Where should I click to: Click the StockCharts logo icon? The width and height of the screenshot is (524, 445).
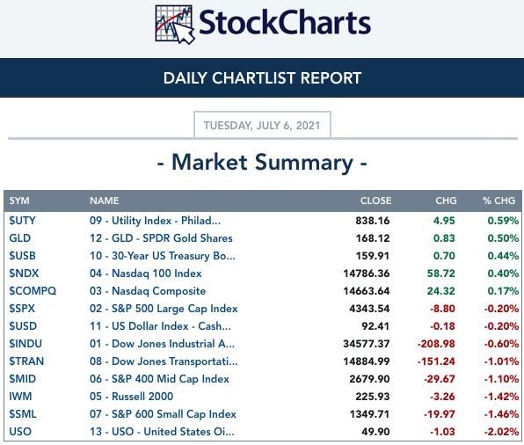[x=175, y=25]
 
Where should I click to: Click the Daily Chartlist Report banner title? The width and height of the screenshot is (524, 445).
[x=262, y=78]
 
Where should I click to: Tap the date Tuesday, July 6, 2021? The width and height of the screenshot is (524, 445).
[x=262, y=126]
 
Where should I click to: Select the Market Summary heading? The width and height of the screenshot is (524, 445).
[x=262, y=163]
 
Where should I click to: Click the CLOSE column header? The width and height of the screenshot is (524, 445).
[x=375, y=201]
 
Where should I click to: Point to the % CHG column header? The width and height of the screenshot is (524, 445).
[x=499, y=201]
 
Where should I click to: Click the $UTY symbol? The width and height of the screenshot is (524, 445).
[x=22, y=221]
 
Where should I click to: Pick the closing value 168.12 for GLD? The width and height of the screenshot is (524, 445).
[x=373, y=238]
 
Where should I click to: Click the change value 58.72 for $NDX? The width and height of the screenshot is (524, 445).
[x=441, y=274]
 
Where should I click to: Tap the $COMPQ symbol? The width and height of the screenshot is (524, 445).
[x=33, y=291]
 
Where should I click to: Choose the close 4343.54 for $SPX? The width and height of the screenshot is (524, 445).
[x=369, y=309]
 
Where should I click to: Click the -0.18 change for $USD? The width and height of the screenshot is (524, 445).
[x=442, y=326]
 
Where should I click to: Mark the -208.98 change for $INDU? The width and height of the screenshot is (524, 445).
[x=436, y=344]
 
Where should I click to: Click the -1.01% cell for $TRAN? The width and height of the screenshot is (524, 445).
[x=501, y=361]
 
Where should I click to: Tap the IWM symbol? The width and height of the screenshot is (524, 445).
[x=20, y=396]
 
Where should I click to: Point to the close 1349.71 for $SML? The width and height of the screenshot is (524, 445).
[x=369, y=414]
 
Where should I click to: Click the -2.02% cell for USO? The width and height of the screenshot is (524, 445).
[x=501, y=432]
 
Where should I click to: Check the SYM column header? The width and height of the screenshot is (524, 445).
[x=19, y=201]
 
